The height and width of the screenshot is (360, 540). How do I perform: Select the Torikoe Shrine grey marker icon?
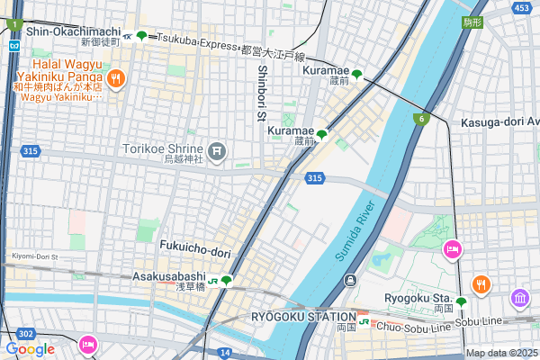pyautogui.click(x=216, y=149)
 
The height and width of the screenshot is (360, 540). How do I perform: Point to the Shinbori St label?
pyautogui.click(x=262, y=93)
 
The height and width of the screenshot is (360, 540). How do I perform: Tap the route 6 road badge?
pyautogui.click(x=420, y=119)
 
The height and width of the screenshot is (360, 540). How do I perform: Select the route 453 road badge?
pyautogui.click(x=521, y=8)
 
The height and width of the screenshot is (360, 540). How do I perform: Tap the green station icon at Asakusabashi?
pyautogui.click(x=227, y=281)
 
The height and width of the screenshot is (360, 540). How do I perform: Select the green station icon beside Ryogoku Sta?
pyautogui.click(x=461, y=302)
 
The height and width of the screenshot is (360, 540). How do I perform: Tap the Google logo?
pyautogui.click(x=30, y=348)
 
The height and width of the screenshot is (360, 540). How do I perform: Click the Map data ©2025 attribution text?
pyautogui.click(x=500, y=353)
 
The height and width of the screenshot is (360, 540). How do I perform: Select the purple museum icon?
pyautogui.click(x=520, y=298)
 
